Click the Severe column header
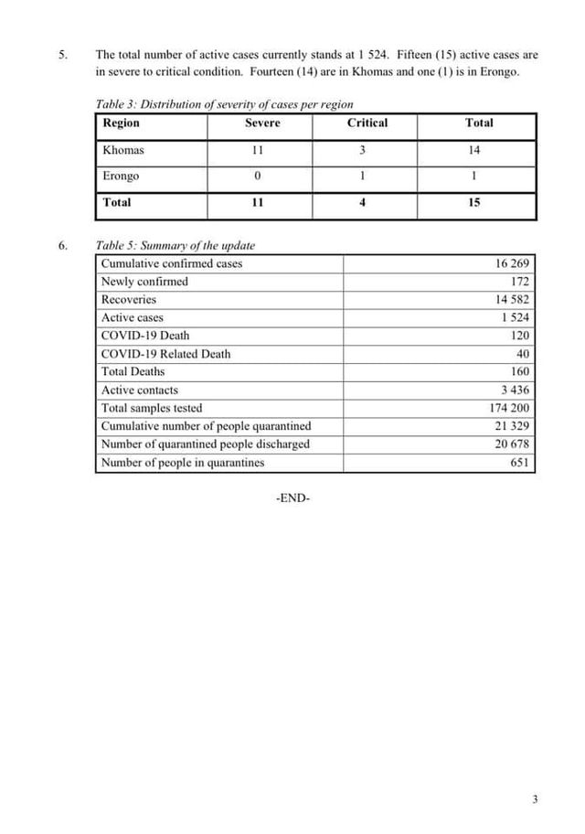tap(262, 123)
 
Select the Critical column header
tap(367, 123)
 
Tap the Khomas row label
tap(123, 150)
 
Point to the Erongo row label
tap(121, 176)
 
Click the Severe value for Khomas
tap(258, 150)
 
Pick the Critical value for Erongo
tap(363, 176)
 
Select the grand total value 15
tap(473, 203)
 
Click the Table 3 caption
tap(224, 104)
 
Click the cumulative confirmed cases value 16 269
tap(513, 264)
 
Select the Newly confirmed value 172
tap(520, 282)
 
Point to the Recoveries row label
tap(129, 300)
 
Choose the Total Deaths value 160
tap(520, 372)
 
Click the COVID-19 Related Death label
tap(165, 354)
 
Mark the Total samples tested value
tap(510, 408)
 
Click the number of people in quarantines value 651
tap(520, 463)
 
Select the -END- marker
tap(292, 498)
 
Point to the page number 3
tap(535, 800)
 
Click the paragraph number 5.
tap(63, 54)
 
